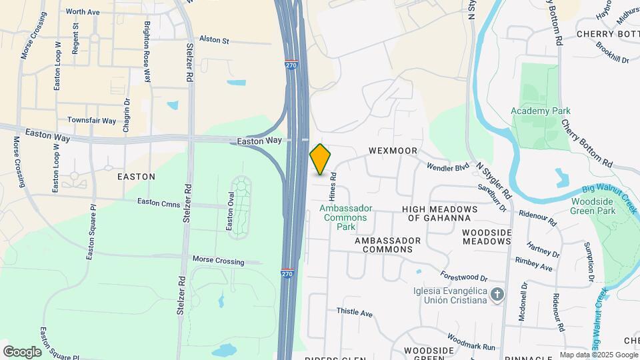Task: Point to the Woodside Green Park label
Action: point(592,205)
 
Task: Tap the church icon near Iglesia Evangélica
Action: point(497,295)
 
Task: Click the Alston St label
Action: point(214,41)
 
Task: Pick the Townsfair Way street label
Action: point(91,121)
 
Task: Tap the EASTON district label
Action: point(136,177)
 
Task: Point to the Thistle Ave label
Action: point(354,311)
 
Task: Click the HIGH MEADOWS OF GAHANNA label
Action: point(440,213)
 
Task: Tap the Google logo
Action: point(22,351)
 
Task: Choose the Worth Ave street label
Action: point(83,12)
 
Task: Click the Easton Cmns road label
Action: point(158,201)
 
